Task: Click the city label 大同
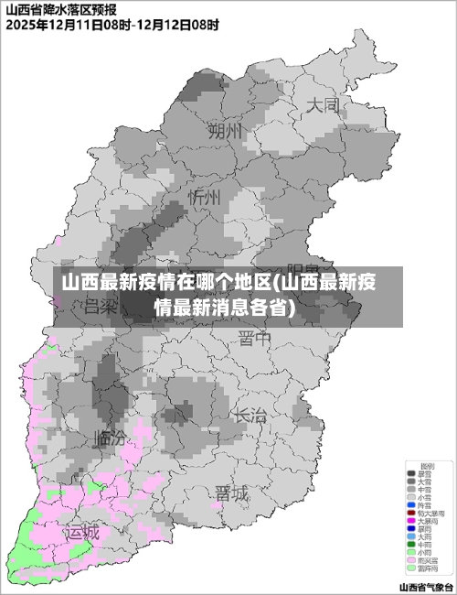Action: point(323,105)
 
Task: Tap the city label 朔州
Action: point(226,132)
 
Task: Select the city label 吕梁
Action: point(101,308)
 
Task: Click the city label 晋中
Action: point(255,340)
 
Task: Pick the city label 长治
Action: point(250,415)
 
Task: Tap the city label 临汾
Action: point(110,438)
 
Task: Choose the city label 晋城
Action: point(231,493)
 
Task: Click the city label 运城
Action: point(81,533)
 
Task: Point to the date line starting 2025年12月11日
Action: point(112,26)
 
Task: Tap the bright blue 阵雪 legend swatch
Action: point(410,504)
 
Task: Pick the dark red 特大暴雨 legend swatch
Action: point(410,513)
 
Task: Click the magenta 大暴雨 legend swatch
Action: point(410,521)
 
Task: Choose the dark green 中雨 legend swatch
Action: point(410,545)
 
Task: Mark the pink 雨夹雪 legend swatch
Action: point(410,560)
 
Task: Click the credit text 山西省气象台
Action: point(426,586)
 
